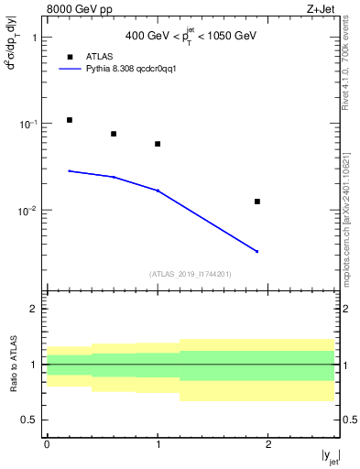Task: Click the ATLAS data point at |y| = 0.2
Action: [x=69, y=120]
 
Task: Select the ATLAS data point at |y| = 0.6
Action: [x=114, y=134]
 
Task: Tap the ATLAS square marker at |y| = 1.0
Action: [x=158, y=144]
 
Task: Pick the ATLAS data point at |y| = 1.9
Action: [x=257, y=202]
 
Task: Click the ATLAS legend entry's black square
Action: [x=69, y=57]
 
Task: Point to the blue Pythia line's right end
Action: [x=257, y=251]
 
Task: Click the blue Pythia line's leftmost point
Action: [x=69, y=170]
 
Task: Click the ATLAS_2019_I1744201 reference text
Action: [x=191, y=274]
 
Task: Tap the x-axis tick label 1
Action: [x=158, y=444]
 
